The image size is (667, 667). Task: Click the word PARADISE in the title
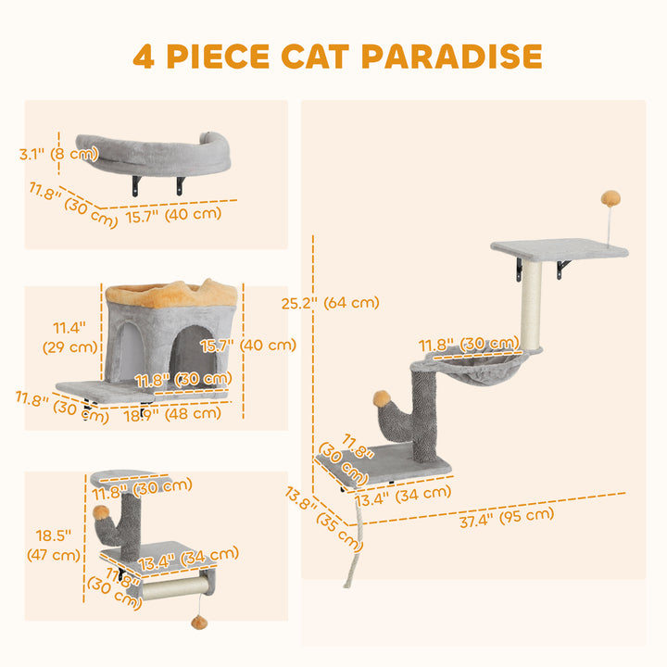452,55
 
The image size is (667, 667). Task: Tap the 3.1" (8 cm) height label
58,154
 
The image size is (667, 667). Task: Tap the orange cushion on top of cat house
172,295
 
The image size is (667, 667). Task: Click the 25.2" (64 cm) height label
331,302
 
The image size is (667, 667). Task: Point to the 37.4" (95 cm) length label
507,517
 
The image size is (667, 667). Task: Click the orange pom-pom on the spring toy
610,198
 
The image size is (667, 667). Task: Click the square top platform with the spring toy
556,248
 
